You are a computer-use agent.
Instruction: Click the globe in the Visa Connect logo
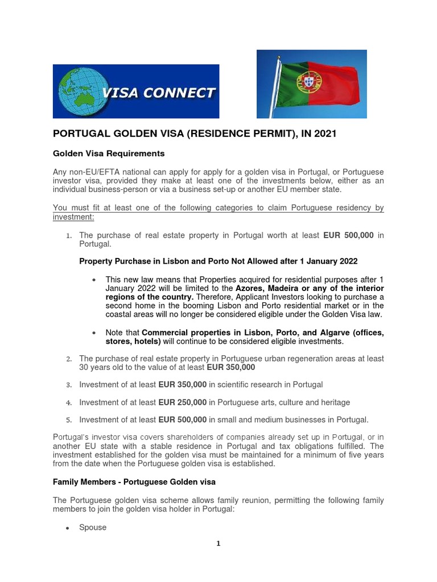click(x=79, y=92)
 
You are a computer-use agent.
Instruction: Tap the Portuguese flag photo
click(x=311, y=84)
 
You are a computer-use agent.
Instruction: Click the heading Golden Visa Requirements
click(x=109, y=153)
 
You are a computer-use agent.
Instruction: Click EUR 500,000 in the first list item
click(x=348, y=235)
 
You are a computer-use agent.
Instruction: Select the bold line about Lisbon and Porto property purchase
click(x=218, y=261)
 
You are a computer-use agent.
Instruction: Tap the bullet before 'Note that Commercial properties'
click(x=93, y=332)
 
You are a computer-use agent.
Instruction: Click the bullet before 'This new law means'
click(x=93, y=280)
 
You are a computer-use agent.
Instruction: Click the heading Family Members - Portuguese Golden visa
click(x=134, y=483)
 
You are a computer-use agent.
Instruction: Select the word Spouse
click(x=93, y=527)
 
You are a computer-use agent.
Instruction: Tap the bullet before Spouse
click(x=67, y=528)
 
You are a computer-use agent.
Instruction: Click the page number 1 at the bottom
click(x=218, y=543)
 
